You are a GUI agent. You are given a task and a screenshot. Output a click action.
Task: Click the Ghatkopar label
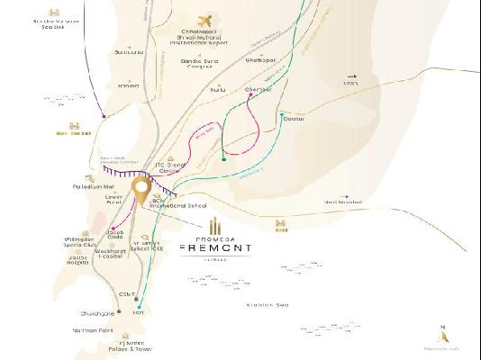(260, 60)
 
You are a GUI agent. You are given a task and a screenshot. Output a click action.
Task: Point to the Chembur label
(259, 90)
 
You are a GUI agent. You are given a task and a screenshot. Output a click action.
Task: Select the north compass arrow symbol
(442, 328)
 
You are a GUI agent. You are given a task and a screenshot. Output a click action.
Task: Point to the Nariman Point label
(93, 330)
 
